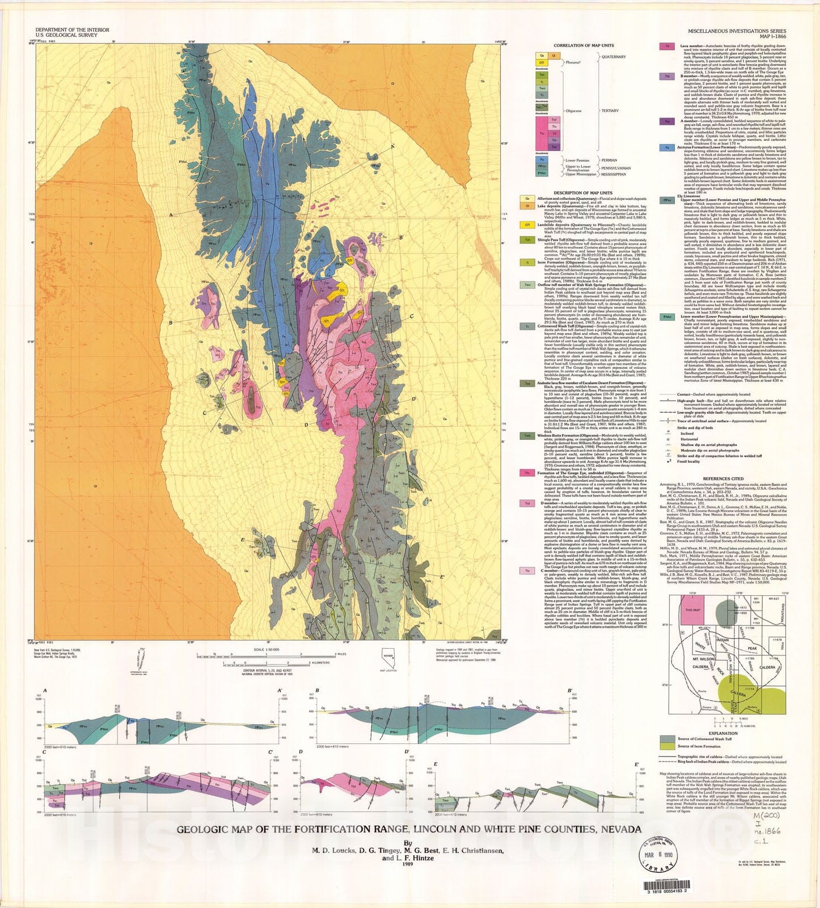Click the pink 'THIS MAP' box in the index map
point(693,610)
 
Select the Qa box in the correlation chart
point(542,56)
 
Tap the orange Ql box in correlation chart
point(556,56)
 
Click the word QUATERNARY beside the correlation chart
point(614,57)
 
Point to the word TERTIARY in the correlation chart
point(610,111)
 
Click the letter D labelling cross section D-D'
point(301,751)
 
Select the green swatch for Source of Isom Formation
point(667,746)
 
